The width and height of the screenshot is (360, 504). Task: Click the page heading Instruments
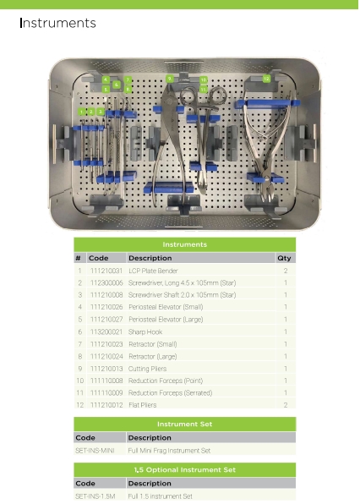pyautogui.click(x=57, y=23)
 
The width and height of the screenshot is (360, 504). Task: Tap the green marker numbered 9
pyautogui.click(x=170, y=79)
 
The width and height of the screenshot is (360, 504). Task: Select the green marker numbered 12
pyautogui.click(x=266, y=79)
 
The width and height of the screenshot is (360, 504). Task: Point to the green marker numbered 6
pyautogui.click(x=117, y=85)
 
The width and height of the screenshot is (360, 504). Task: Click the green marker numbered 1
pyautogui.click(x=82, y=112)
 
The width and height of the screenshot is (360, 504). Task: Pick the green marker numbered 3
pyautogui.click(x=101, y=112)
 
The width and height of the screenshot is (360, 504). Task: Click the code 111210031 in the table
pyautogui.click(x=106, y=271)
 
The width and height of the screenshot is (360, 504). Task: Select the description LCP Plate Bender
pyautogui.click(x=153, y=271)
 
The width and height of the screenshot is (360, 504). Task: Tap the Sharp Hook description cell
pyautogui.click(x=145, y=331)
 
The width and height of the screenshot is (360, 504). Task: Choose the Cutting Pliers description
pyautogui.click(x=147, y=369)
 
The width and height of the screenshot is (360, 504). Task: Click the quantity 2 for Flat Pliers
pyautogui.click(x=286, y=405)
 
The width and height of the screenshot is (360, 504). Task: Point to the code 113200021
pyautogui.click(x=106, y=331)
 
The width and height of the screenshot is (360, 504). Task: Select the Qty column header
pyautogui.click(x=284, y=258)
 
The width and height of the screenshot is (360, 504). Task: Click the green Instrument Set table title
pyautogui.click(x=185, y=424)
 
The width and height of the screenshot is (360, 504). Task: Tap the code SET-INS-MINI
pyautogui.click(x=95, y=451)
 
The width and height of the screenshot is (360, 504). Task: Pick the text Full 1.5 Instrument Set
pyautogui.click(x=161, y=496)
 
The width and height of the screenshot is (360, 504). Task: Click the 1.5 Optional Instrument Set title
pyautogui.click(x=185, y=469)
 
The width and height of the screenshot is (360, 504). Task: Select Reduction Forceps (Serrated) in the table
pyautogui.click(x=170, y=392)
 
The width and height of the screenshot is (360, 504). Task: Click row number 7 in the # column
pyautogui.click(x=80, y=344)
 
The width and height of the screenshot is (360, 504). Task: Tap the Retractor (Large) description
pyautogui.click(x=153, y=357)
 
